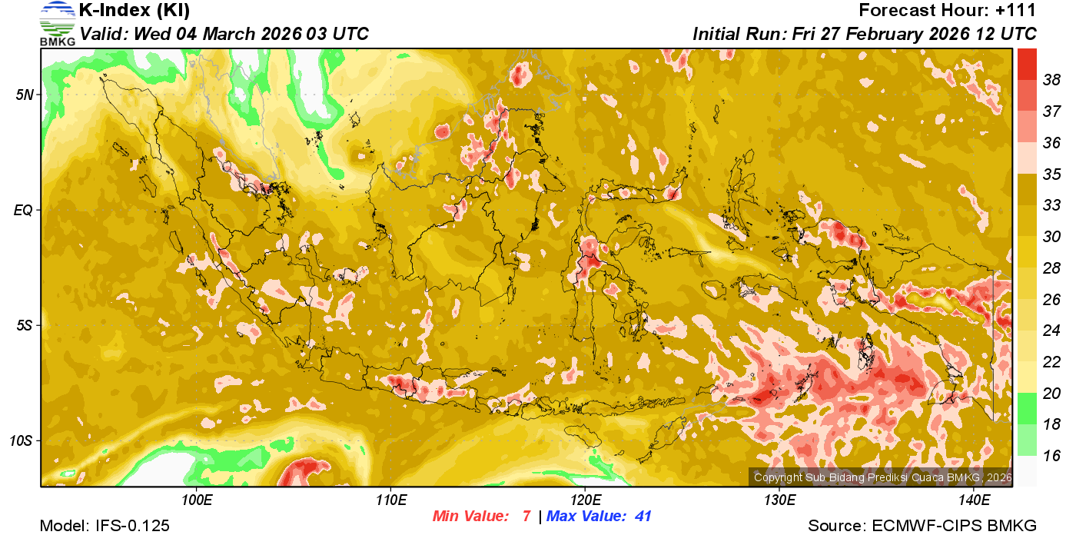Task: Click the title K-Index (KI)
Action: click(134, 11)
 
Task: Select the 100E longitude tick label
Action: click(196, 500)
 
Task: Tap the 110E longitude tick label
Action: click(390, 500)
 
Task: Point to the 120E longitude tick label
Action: click(585, 500)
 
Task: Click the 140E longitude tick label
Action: click(974, 500)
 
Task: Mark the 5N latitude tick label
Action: click(25, 95)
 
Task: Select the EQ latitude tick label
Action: click(24, 210)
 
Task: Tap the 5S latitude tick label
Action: click(25, 325)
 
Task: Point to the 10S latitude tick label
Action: click(22, 440)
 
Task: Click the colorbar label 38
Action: click(1052, 79)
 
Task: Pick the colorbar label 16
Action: click(1052, 456)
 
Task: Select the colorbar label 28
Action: click(1052, 268)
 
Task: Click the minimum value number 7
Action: click(526, 517)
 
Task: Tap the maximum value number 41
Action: click(643, 517)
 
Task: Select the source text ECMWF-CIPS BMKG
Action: click(954, 526)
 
